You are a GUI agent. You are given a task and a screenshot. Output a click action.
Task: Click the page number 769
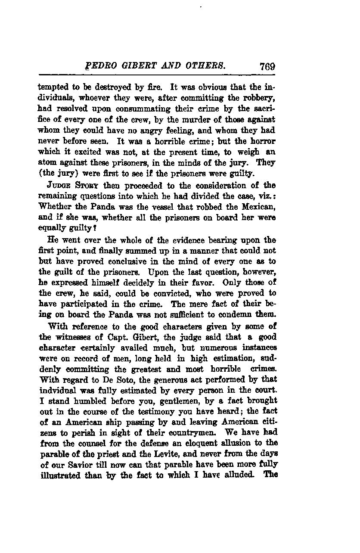click(267, 67)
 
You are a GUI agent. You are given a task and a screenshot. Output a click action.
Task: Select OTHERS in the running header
click(208, 67)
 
